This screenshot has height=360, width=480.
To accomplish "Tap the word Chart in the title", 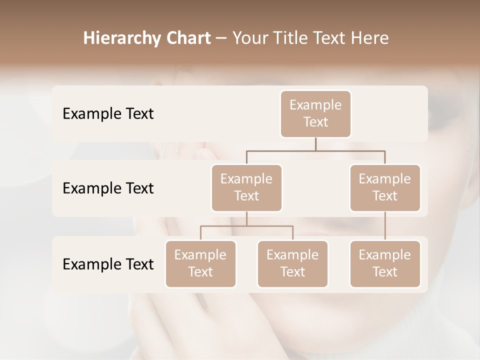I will click(x=186, y=38).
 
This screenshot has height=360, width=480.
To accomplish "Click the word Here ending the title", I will click(x=370, y=38).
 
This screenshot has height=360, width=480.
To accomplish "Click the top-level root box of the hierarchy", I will click(x=315, y=113).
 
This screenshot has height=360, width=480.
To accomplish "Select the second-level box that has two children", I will click(x=246, y=187).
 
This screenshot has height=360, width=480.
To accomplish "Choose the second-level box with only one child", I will click(x=385, y=187).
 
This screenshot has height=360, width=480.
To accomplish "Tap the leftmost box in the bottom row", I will click(x=200, y=263).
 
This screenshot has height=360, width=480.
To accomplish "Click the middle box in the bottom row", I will click(x=292, y=263).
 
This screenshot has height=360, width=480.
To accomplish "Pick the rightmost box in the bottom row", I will click(x=385, y=263).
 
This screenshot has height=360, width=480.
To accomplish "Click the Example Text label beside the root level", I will click(x=108, y=114).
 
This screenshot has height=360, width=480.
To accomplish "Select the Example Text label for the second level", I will click(x=108, y=188).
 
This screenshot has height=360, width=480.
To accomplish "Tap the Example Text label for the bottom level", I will click(x=108, y=264).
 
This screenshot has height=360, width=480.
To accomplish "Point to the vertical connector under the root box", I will click(x=315, y=144).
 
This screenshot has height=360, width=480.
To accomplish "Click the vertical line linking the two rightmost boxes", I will click(x=385, y=226).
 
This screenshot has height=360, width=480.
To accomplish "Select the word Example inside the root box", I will click(x=315, y=105).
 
